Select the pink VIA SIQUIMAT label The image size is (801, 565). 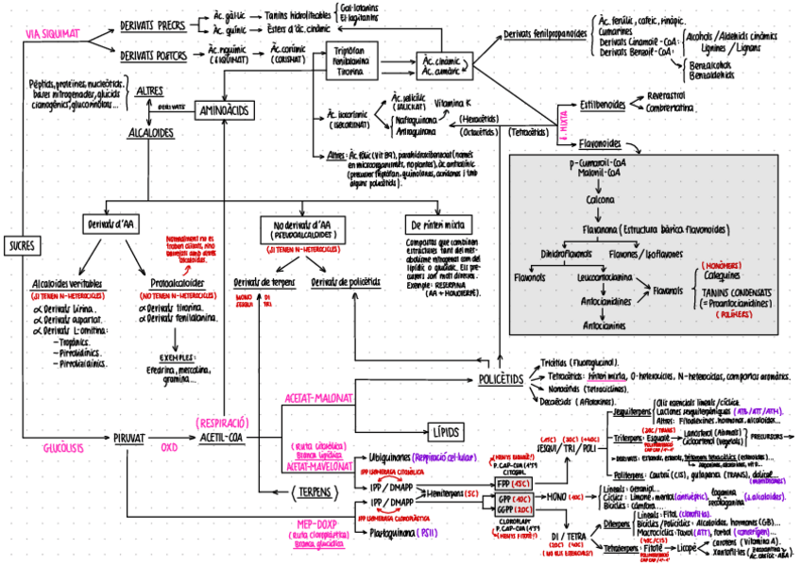[52, 34]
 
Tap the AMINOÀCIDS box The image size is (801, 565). [223, 111]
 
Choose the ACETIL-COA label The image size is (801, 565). [221, 438]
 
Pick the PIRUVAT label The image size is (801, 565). [128, 439]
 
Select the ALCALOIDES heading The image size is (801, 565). [151, 133]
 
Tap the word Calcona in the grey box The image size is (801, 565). [600, 200]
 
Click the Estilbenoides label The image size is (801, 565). [603, 104]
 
